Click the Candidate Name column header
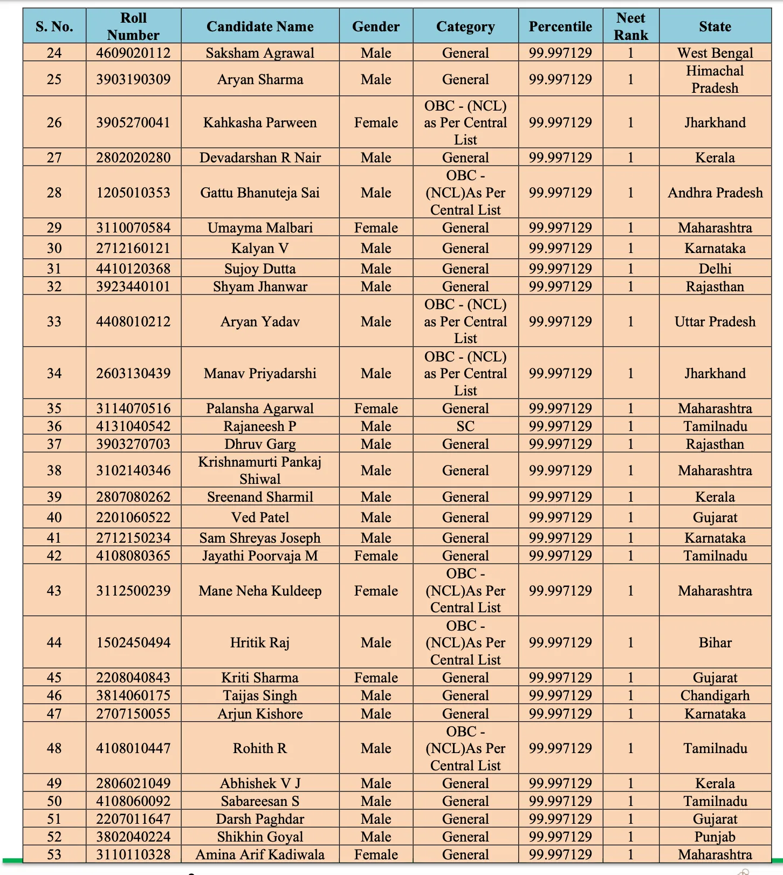point(260,26)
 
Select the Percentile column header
point(560,26)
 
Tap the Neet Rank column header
point(630,26)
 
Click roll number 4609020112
point(133,53)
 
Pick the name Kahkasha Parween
point(260,122)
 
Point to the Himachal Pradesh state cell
point(715,79)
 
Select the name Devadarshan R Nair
point(260,158)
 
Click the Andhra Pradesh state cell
point(715,193)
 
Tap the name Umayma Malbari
point(260,228)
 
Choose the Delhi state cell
point(715,269)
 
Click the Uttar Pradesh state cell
point(715,322)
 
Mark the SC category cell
point(465,426)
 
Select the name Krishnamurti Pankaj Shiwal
point(260,470)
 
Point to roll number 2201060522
point(133,517)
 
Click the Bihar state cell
point(715,642)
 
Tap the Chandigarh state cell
point(715,695)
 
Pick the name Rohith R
point(260,748)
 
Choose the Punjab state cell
point(715,837)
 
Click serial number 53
point(54,855)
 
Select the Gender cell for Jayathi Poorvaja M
point(376,556)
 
